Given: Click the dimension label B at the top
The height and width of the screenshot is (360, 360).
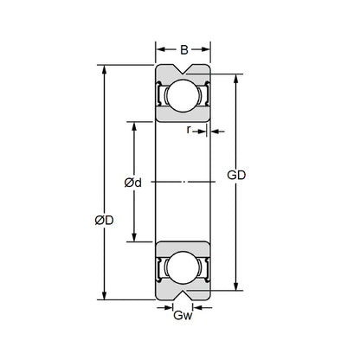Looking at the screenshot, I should [183, 48].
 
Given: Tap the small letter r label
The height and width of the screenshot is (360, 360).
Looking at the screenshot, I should [189, 131].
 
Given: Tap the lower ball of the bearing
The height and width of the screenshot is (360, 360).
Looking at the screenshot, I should [183, 268].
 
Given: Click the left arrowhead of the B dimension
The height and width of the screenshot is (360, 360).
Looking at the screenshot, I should [159, 48].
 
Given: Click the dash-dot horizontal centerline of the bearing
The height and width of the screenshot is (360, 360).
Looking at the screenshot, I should [183, 182].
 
